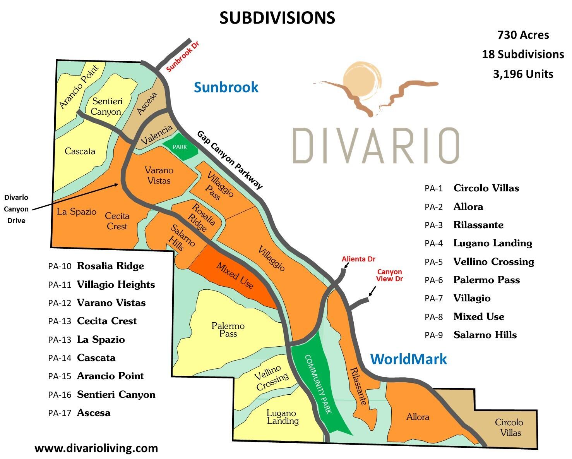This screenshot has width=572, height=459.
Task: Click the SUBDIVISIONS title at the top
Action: pyautogui.click(x=277, y=18)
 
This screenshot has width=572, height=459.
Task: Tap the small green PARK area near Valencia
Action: pyautogui.click(x=180, y=147)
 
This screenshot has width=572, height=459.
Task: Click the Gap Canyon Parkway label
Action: pyautogui.click(x=229, y=160)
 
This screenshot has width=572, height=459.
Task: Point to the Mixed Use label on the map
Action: pyautogui.click(x=235, y=276)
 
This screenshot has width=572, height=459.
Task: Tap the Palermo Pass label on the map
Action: pyautogui.click(x=228, y=330)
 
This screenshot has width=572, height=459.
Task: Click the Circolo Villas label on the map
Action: pyautogui.click(x=509, y=427)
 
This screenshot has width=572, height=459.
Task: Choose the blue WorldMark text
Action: pyautogui.click(x=408, y=359)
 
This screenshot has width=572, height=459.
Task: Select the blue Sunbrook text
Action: pyautogui.click(x=226, y=87)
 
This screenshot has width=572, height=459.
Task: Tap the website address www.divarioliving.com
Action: pyautogui.click(x=96, y=448)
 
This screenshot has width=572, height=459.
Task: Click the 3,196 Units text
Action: pyautogui.click(x=523, y=74)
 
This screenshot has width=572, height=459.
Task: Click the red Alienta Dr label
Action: pyautogui.click(x=358, y=259)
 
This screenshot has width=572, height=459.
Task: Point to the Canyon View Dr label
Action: pyautogui.click(x=390, y=275)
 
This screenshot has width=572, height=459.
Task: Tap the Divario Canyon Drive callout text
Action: pyautogui.click(x=16, y=209)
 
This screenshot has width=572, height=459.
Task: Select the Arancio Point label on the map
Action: pyautogui.click(x=79, y=87)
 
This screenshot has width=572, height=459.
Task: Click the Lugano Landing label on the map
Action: pyautogui.click(x=283, y=417)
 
